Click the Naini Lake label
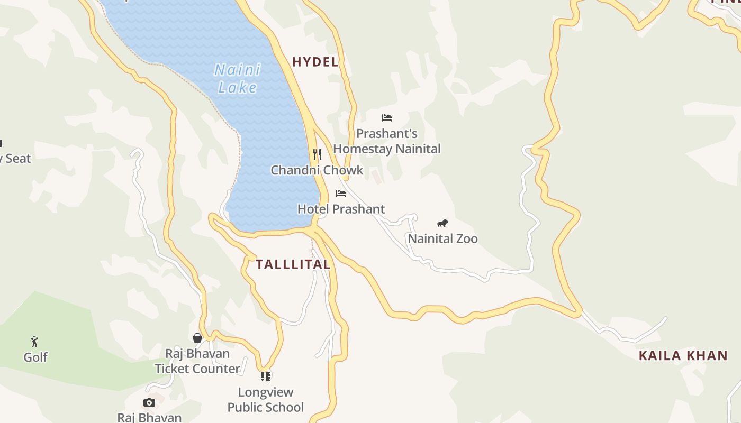[238, 78]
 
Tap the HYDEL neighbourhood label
[315, 62]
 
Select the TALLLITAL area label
[293, 264]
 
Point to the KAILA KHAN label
[683, 355]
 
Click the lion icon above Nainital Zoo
[442, 223]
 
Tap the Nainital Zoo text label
[442, 238]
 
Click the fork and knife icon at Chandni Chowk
[317, 154]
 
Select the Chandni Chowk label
[317, 170]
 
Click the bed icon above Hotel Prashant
[341, 194]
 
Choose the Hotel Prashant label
[341, 209]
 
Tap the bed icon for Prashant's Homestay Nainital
[387, 118]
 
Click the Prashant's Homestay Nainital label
[387, 141]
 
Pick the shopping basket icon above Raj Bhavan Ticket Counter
[197, 338]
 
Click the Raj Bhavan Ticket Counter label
[197, 361]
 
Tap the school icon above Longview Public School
[266, 376]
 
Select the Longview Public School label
[266, 400]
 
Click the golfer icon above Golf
[35, 342]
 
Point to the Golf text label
[35, 357]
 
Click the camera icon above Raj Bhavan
[149, 403]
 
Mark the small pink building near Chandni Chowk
[377, 177]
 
